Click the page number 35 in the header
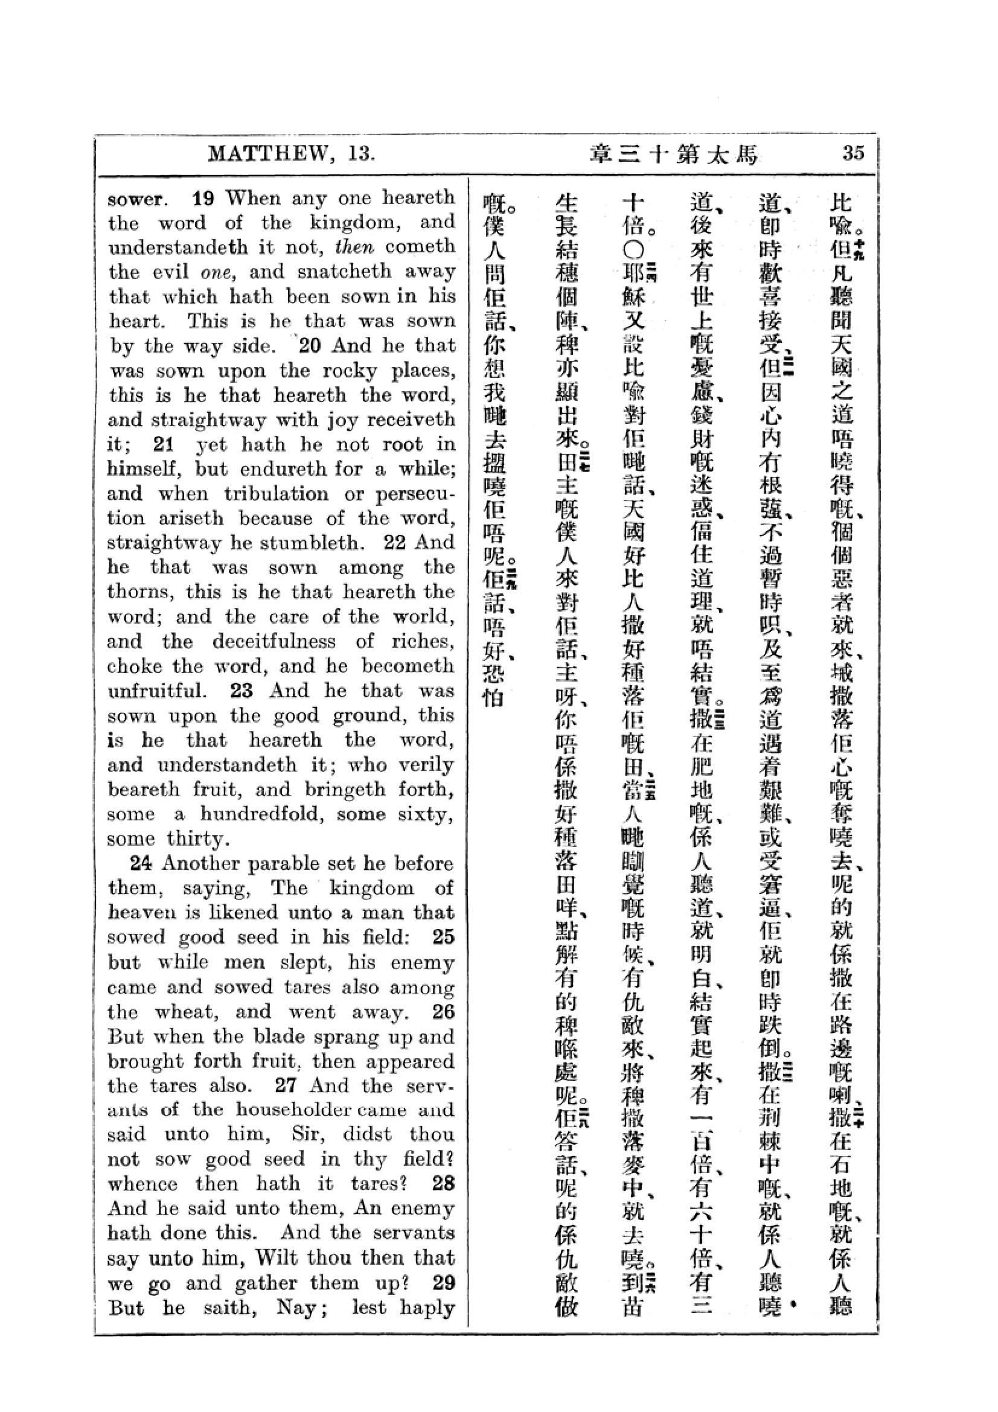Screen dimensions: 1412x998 (x=853, y=153)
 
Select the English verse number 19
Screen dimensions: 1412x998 (x=203, y=198)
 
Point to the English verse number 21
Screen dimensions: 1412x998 (x=164, y=444)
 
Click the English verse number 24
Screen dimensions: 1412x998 (x=141, y=863)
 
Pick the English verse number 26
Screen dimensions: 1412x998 (x=443, y=1012)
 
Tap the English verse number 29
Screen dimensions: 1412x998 (x=443, y=1283)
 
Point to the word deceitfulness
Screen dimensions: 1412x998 (x=274, y=642)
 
